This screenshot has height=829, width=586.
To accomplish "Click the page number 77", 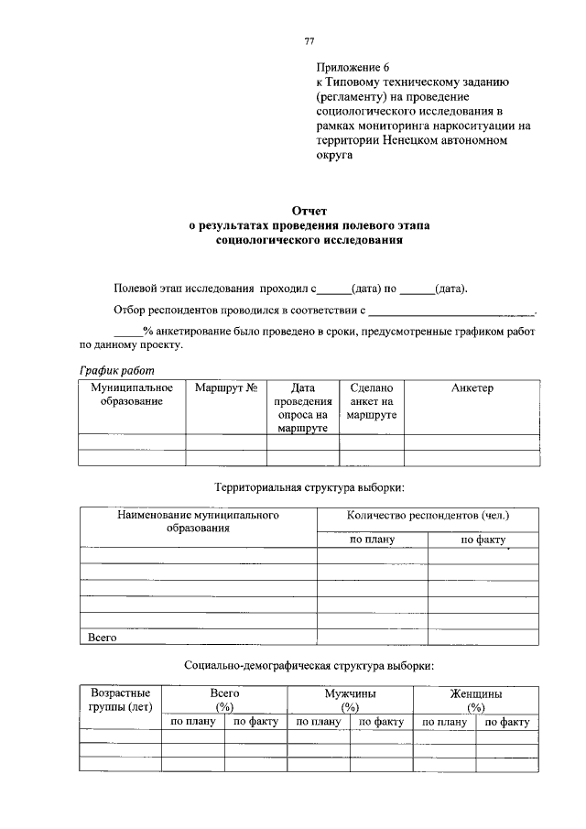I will click(x=309, y=41).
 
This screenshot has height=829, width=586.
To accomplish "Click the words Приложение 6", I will click(x=353, y=68).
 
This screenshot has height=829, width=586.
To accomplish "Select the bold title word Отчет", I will click(x=309, y=211).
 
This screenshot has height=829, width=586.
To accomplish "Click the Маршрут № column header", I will click(x=226, y=388).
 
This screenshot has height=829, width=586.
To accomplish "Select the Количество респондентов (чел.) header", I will click(x=428, y=516).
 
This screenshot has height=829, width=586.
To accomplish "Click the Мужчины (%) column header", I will click(x=350, y=701).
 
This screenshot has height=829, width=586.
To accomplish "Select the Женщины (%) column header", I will click(x=475, y=701).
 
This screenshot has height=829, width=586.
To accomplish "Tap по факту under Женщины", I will click(x=507, y=723).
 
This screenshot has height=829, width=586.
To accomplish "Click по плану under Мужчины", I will click(x=319, y=723).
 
